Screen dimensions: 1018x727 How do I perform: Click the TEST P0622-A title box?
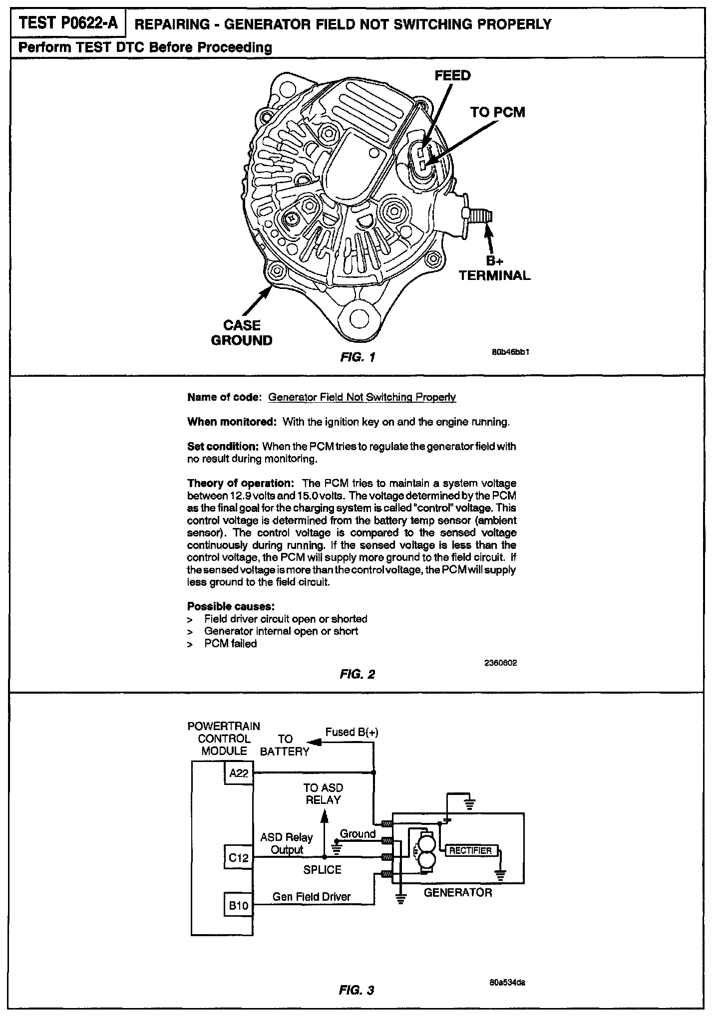tap(68, 24)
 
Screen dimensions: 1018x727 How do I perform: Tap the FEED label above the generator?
tap(452, 76)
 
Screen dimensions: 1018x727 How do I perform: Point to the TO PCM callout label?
tap(497, 112)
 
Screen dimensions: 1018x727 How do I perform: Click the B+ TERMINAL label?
tap(494, 268)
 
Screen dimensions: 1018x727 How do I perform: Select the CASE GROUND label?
tap(242, 333)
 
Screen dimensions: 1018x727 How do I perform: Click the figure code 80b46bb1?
tap(510, 352)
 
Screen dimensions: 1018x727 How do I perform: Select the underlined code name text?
tap(362, 397)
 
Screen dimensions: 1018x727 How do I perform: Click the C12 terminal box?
tap(239, 858)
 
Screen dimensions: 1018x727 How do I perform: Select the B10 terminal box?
tap(239, 906)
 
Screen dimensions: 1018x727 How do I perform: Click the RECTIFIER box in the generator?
tap(470, 851)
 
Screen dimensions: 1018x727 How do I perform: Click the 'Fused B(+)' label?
tap(352, 733)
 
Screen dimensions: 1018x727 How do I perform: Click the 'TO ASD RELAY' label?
tap(323, 794)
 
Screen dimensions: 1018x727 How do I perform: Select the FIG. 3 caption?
tap(357, 990)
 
